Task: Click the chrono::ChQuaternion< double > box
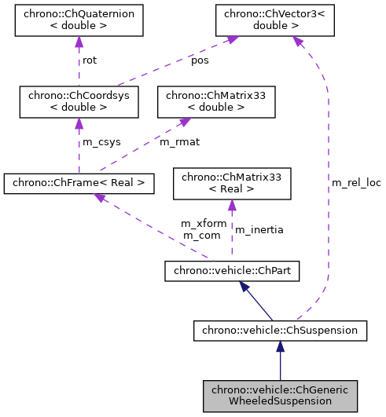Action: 79,20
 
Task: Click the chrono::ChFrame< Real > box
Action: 79,184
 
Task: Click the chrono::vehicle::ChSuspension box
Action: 279,331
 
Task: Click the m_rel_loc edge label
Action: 356,182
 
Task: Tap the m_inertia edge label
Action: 259,229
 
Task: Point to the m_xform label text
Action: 204,223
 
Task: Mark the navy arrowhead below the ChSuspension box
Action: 279,348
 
